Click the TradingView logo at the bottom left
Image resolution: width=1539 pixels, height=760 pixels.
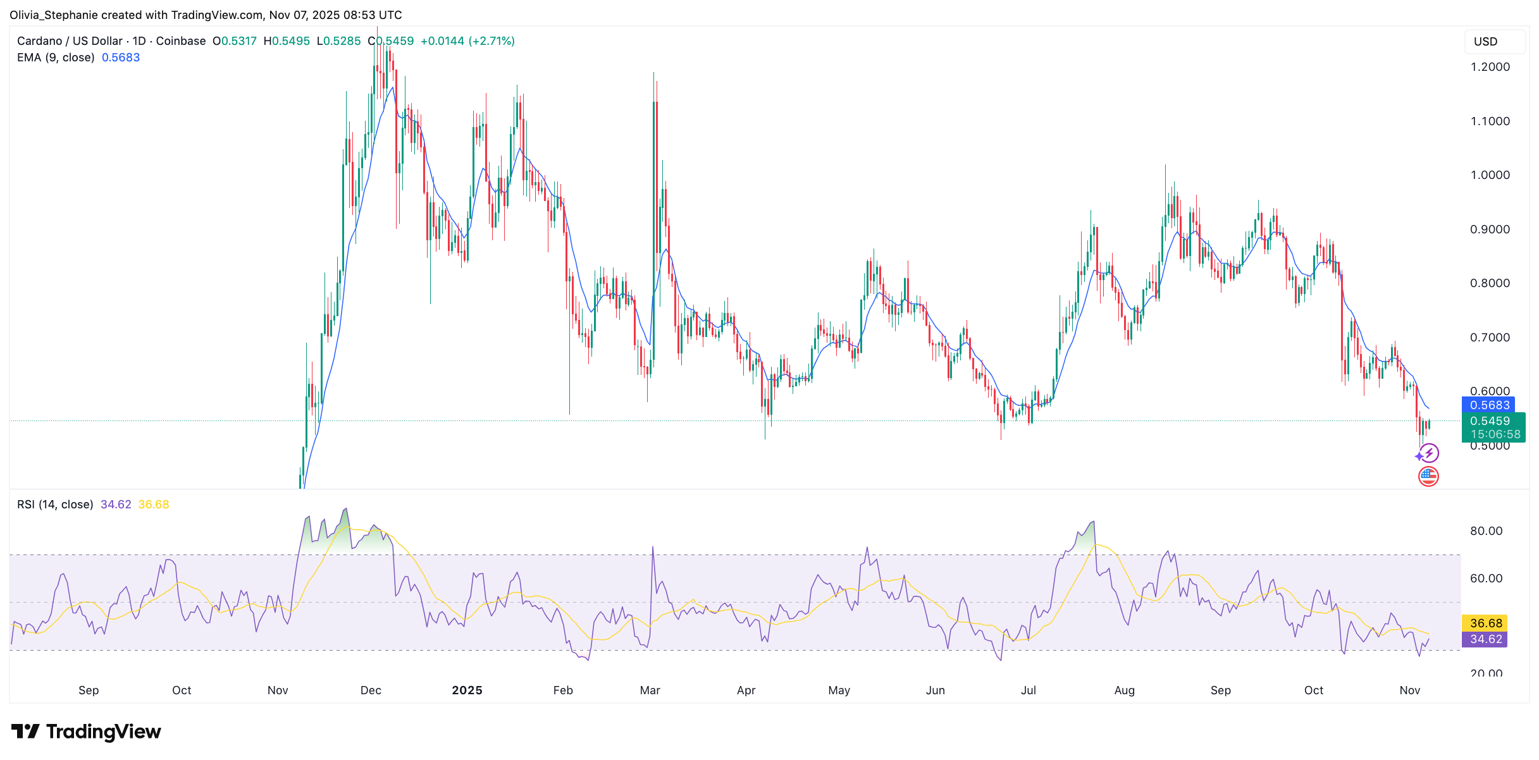click(86, 732)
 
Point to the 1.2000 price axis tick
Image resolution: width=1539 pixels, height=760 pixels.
click(1490, 67)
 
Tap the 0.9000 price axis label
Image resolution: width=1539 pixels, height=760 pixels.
click(1490, 230)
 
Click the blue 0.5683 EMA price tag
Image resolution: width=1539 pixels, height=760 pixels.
click(1489, 405)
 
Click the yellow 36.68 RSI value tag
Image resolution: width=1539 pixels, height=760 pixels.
click(1485, 623)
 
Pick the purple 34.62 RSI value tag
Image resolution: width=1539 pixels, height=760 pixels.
click(1485, 639)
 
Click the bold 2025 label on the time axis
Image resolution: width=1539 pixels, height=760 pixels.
click(467, 690)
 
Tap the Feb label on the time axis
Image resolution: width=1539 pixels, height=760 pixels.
click(562, 690)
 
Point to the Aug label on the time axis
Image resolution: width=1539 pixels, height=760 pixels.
click(1124, 690)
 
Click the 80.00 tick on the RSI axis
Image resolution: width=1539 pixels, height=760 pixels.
click(1486, 531)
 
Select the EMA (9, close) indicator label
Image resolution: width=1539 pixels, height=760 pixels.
click(56, 58)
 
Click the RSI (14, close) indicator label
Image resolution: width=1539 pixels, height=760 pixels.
click(55, 505)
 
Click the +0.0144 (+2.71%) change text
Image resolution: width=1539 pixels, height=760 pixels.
click(467, 41)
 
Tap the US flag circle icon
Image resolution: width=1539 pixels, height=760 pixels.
click(1428, 476)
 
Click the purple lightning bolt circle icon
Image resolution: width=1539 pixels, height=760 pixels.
click(1429, 453)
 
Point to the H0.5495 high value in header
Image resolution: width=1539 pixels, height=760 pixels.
click(287, 41)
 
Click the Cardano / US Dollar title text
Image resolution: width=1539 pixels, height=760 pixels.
click(70, 41)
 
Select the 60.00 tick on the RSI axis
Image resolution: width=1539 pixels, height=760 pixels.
click(1486, 579)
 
